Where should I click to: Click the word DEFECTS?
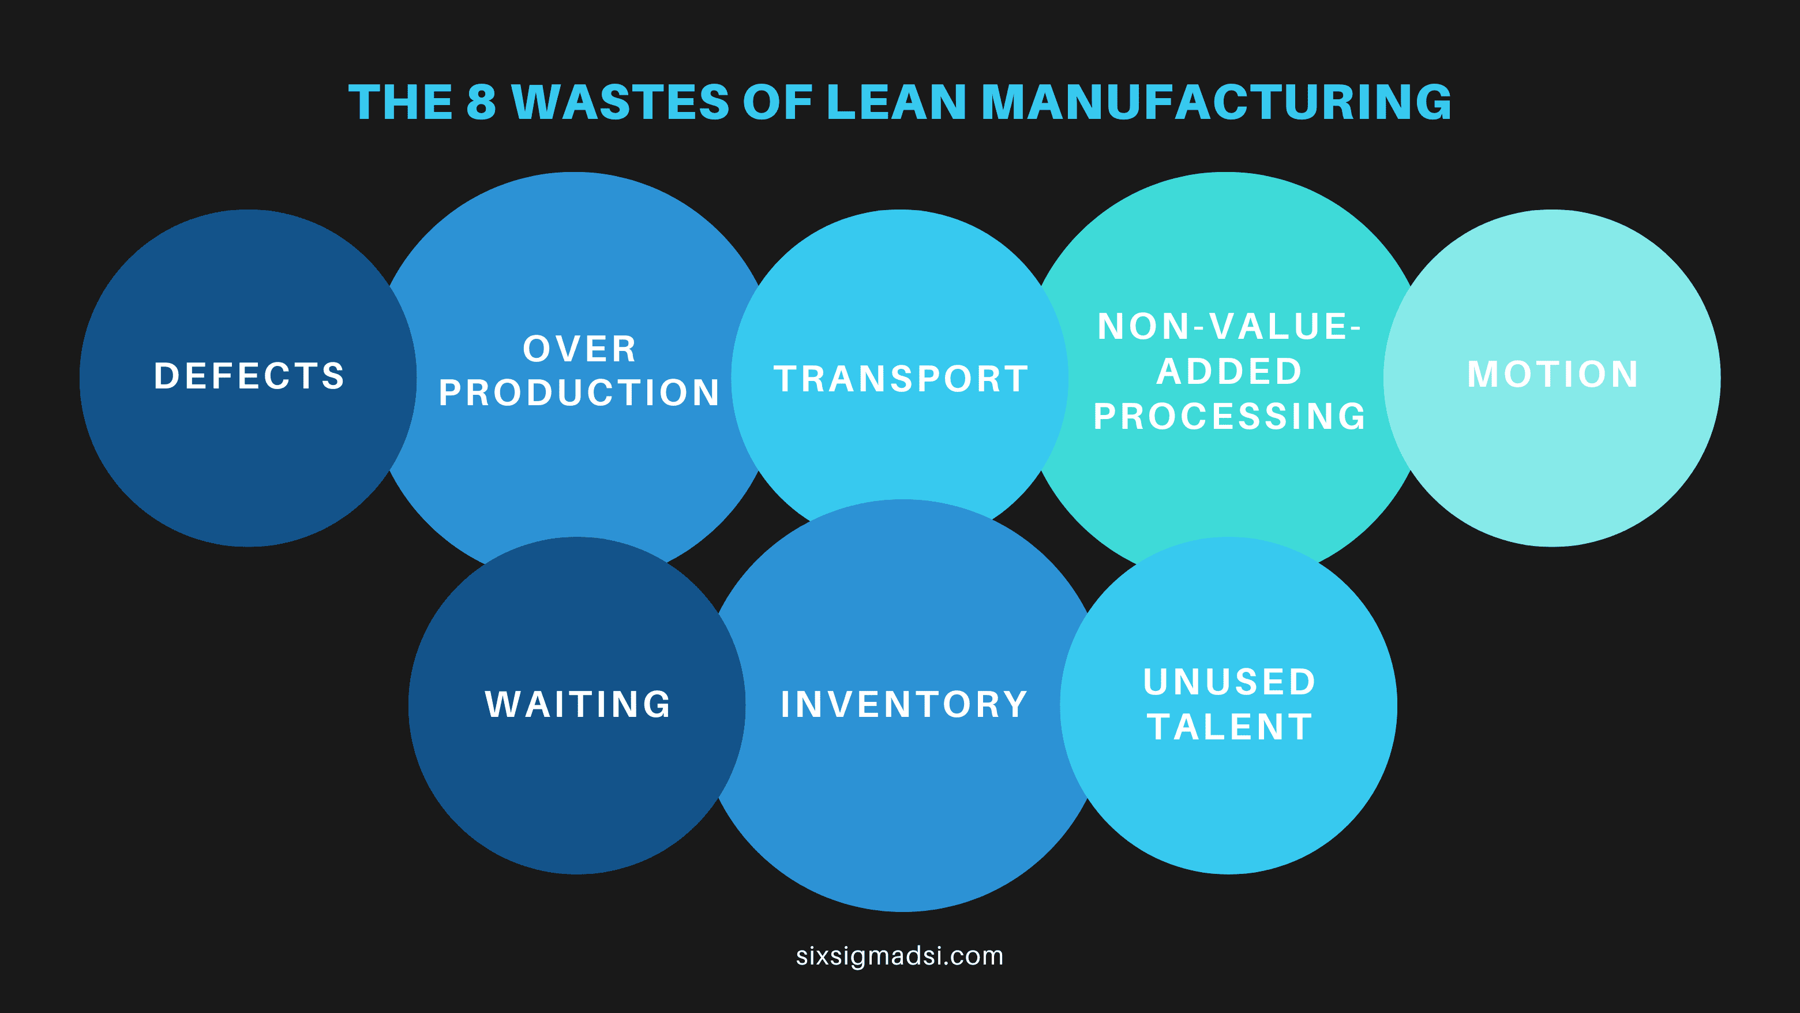249,376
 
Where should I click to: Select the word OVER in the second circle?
579,349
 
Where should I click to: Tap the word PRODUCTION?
579,393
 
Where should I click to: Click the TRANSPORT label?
901,379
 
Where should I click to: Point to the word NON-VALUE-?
1229,327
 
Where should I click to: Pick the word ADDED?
1229,371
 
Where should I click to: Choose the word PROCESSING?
1229,417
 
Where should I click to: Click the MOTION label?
1552,374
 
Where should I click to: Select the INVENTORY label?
903,704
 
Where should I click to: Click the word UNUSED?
1229,682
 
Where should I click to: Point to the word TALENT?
1229,727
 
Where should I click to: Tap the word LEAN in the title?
896,102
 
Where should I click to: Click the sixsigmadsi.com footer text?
899,956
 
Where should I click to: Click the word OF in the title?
778,102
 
